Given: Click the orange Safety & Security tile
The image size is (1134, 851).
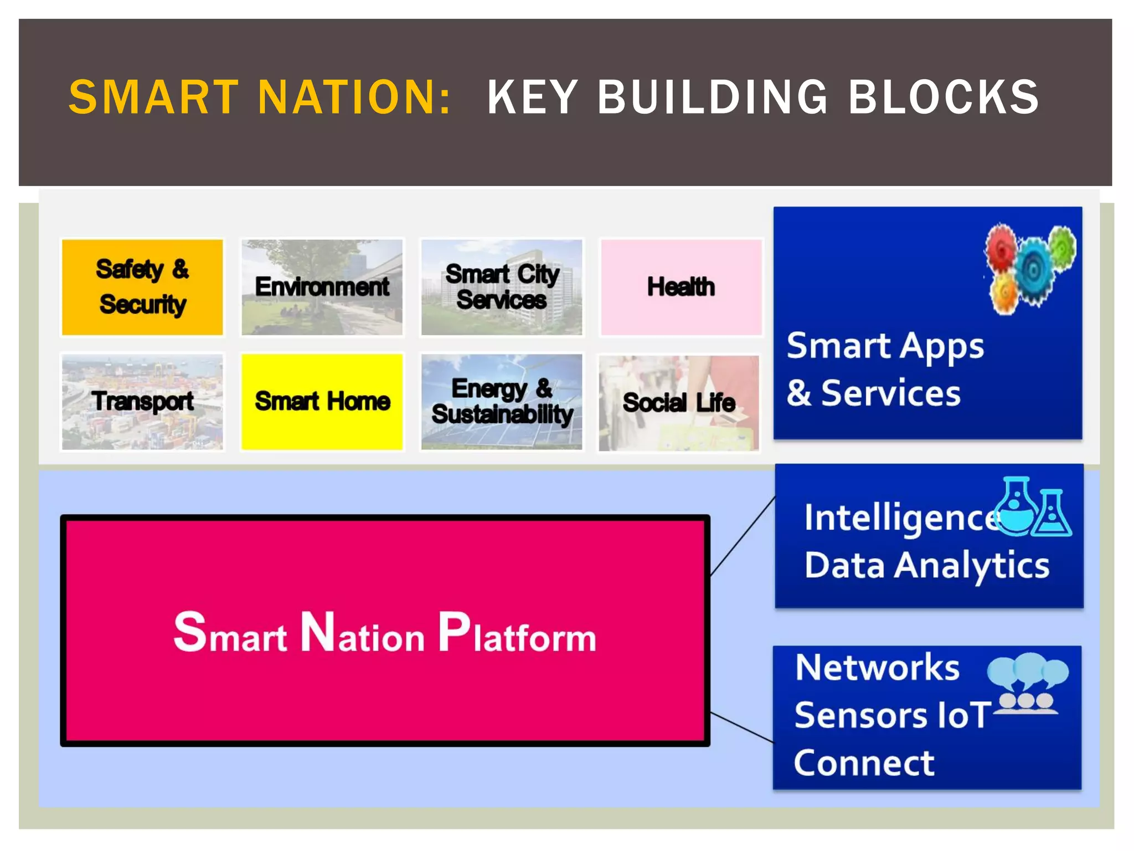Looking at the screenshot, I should pyautogui.click(x=142, y=287).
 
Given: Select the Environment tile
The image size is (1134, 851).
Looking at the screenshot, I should pyautogui.click(x=322, y=287).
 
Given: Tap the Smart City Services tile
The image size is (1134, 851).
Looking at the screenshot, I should pyautogui.click(x=501, y=287).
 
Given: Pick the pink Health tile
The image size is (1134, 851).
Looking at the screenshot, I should pyautogui.click(x=681, y=287).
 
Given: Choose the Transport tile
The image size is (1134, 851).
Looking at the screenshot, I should pyautogui.click(x=142, y=401).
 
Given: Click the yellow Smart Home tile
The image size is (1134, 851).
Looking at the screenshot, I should pyautogui.click(x=322, y=401).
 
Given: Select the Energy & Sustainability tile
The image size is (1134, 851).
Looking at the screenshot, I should pyautogui.click(x=501, y=401).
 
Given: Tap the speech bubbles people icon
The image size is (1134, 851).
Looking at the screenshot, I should pyautogui.click(x=1028, y=684).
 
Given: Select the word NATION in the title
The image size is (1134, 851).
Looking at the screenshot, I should pyautogui.click(x=354, y=98).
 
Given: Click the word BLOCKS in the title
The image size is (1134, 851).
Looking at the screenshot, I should pyautogui.click(x=944, y=98).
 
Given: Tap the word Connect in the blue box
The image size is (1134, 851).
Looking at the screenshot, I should pyautogui.click(x=864, y=763).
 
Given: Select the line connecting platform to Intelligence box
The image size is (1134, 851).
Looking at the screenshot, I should pyautogui.click(x=743, y=536).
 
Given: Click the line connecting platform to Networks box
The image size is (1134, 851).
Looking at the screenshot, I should pyautogui.click(x=742, y=727).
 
